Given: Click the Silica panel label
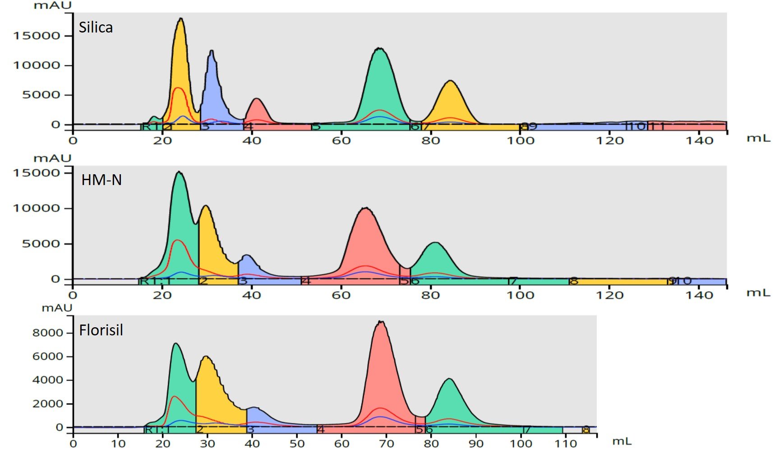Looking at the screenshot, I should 96,28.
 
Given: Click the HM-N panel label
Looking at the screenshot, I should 101,180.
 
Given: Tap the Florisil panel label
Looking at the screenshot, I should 101,330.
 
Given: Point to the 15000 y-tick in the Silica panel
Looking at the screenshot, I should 37,36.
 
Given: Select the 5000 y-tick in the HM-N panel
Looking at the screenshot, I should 41,244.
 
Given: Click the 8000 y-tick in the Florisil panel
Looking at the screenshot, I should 48,333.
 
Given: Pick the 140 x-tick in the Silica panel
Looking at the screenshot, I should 700,141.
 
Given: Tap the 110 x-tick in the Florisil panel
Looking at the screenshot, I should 566,443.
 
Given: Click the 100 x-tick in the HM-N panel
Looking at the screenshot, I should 521,295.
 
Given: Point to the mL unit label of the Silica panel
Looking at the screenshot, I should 758,138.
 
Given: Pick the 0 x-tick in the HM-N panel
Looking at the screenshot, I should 73,295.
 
